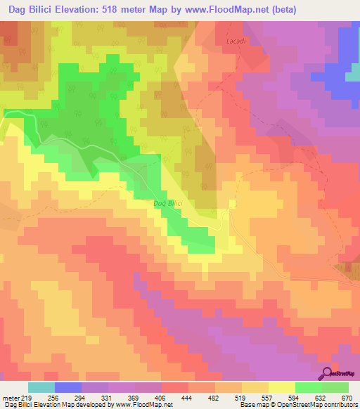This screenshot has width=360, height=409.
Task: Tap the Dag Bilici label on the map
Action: coord(168,203)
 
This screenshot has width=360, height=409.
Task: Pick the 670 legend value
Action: coord(346,396)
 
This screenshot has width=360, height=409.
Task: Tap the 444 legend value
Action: coord(186,396)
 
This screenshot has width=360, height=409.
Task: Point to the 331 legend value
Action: coord(107,396)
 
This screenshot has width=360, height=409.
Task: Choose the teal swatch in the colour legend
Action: coord(41,387)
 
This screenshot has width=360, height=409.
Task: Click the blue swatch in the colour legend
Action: coord(68,387)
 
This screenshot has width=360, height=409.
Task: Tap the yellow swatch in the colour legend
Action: coord(281,387)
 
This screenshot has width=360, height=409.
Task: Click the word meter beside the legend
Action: coord(11,396)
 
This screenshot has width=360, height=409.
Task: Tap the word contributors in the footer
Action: coord(338,405)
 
